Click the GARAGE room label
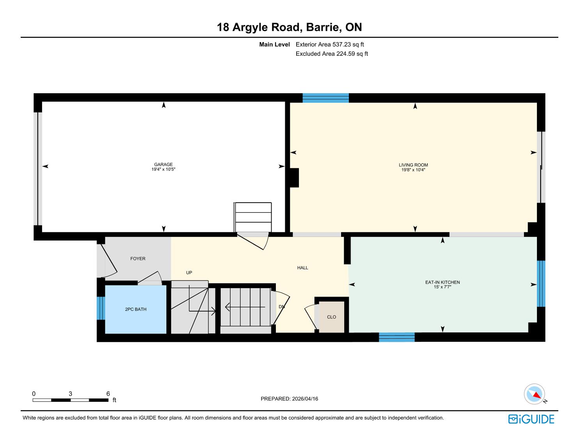[163, 164]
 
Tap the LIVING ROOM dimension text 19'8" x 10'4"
[413, 170]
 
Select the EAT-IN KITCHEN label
[442, 282]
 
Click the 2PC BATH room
[136, 309]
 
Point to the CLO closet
[332, 317]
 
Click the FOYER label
[138, 259]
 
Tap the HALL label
[303, 268]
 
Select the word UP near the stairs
[189, 273]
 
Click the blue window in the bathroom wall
[101, 308]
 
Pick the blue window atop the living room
[326, 98]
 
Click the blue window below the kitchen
[397, 337]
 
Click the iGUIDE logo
[531, 419]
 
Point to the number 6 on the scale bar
[108, 394]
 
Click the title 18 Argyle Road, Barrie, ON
[289, 27]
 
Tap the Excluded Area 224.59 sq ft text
[332, 54]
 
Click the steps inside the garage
[252, 217]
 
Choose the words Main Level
[274, 44]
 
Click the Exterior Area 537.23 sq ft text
[330, 44]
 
